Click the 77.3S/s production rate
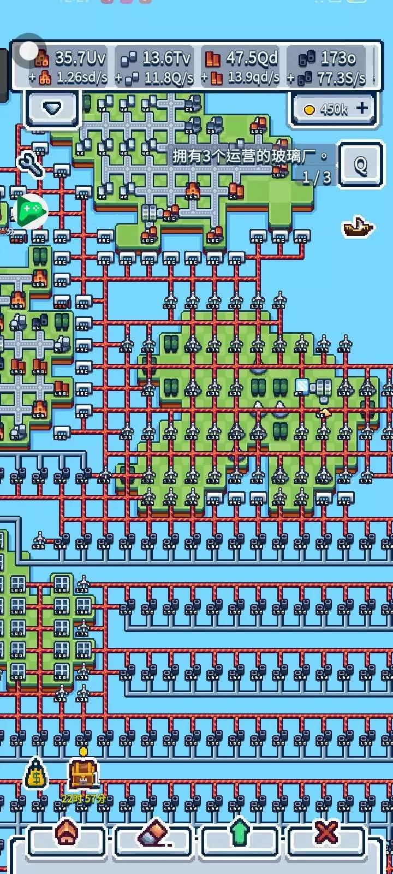pos(341,78)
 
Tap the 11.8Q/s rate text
pos(169,78)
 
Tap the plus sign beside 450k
pos(362,109)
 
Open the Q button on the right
pos(360,164)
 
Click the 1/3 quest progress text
pos(317,177)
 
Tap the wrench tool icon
pos(30,164)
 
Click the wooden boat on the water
pos(358,226)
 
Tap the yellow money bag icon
pos(36,775)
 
